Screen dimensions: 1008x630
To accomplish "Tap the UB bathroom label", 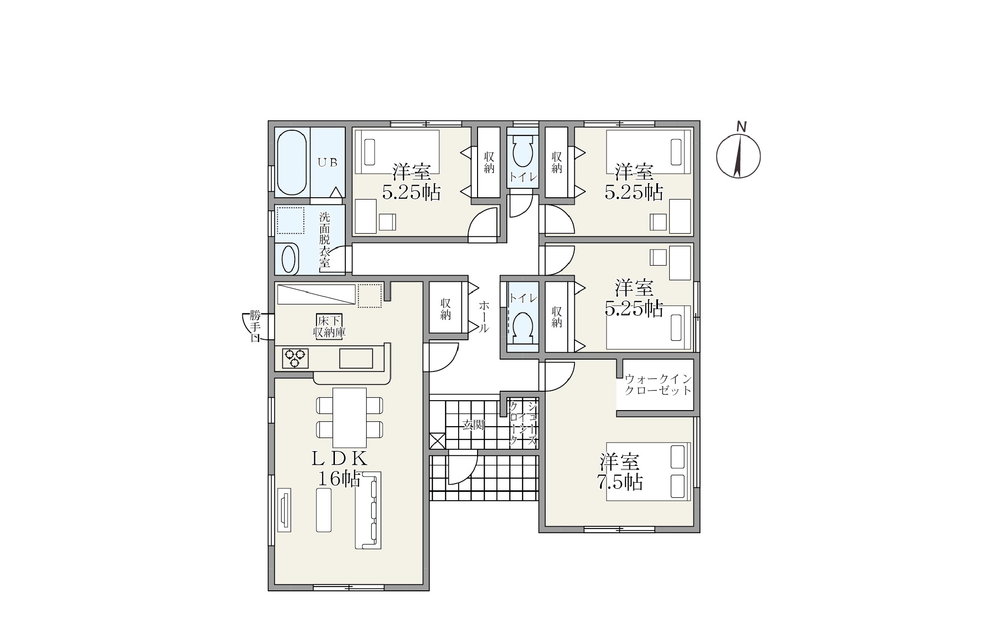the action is coord(327,162).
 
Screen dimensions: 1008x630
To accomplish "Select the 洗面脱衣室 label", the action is coord(325,240).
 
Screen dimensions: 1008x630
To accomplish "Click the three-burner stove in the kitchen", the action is coord(295,359).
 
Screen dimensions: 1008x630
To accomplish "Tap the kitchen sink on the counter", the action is coord(356,359).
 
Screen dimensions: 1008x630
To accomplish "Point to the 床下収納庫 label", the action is coord(329,326).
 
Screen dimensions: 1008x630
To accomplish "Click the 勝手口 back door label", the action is coord(255,326).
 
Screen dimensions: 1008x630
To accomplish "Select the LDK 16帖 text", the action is coord(339,468).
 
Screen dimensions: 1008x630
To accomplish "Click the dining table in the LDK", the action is coord(350,418).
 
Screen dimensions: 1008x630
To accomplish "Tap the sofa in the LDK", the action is coord(368,510).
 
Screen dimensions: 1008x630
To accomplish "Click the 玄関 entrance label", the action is coord(473,425).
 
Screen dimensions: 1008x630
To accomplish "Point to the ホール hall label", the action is coord(484,317).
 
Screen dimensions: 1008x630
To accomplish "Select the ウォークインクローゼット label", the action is coord(658,385).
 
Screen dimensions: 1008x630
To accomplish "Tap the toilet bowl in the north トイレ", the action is coord(522,150).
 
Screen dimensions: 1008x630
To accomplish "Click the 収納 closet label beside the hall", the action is coord(445,309).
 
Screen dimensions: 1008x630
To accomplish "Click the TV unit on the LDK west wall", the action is coord(284,510).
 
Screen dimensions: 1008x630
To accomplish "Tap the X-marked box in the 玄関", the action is coord(437,441).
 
